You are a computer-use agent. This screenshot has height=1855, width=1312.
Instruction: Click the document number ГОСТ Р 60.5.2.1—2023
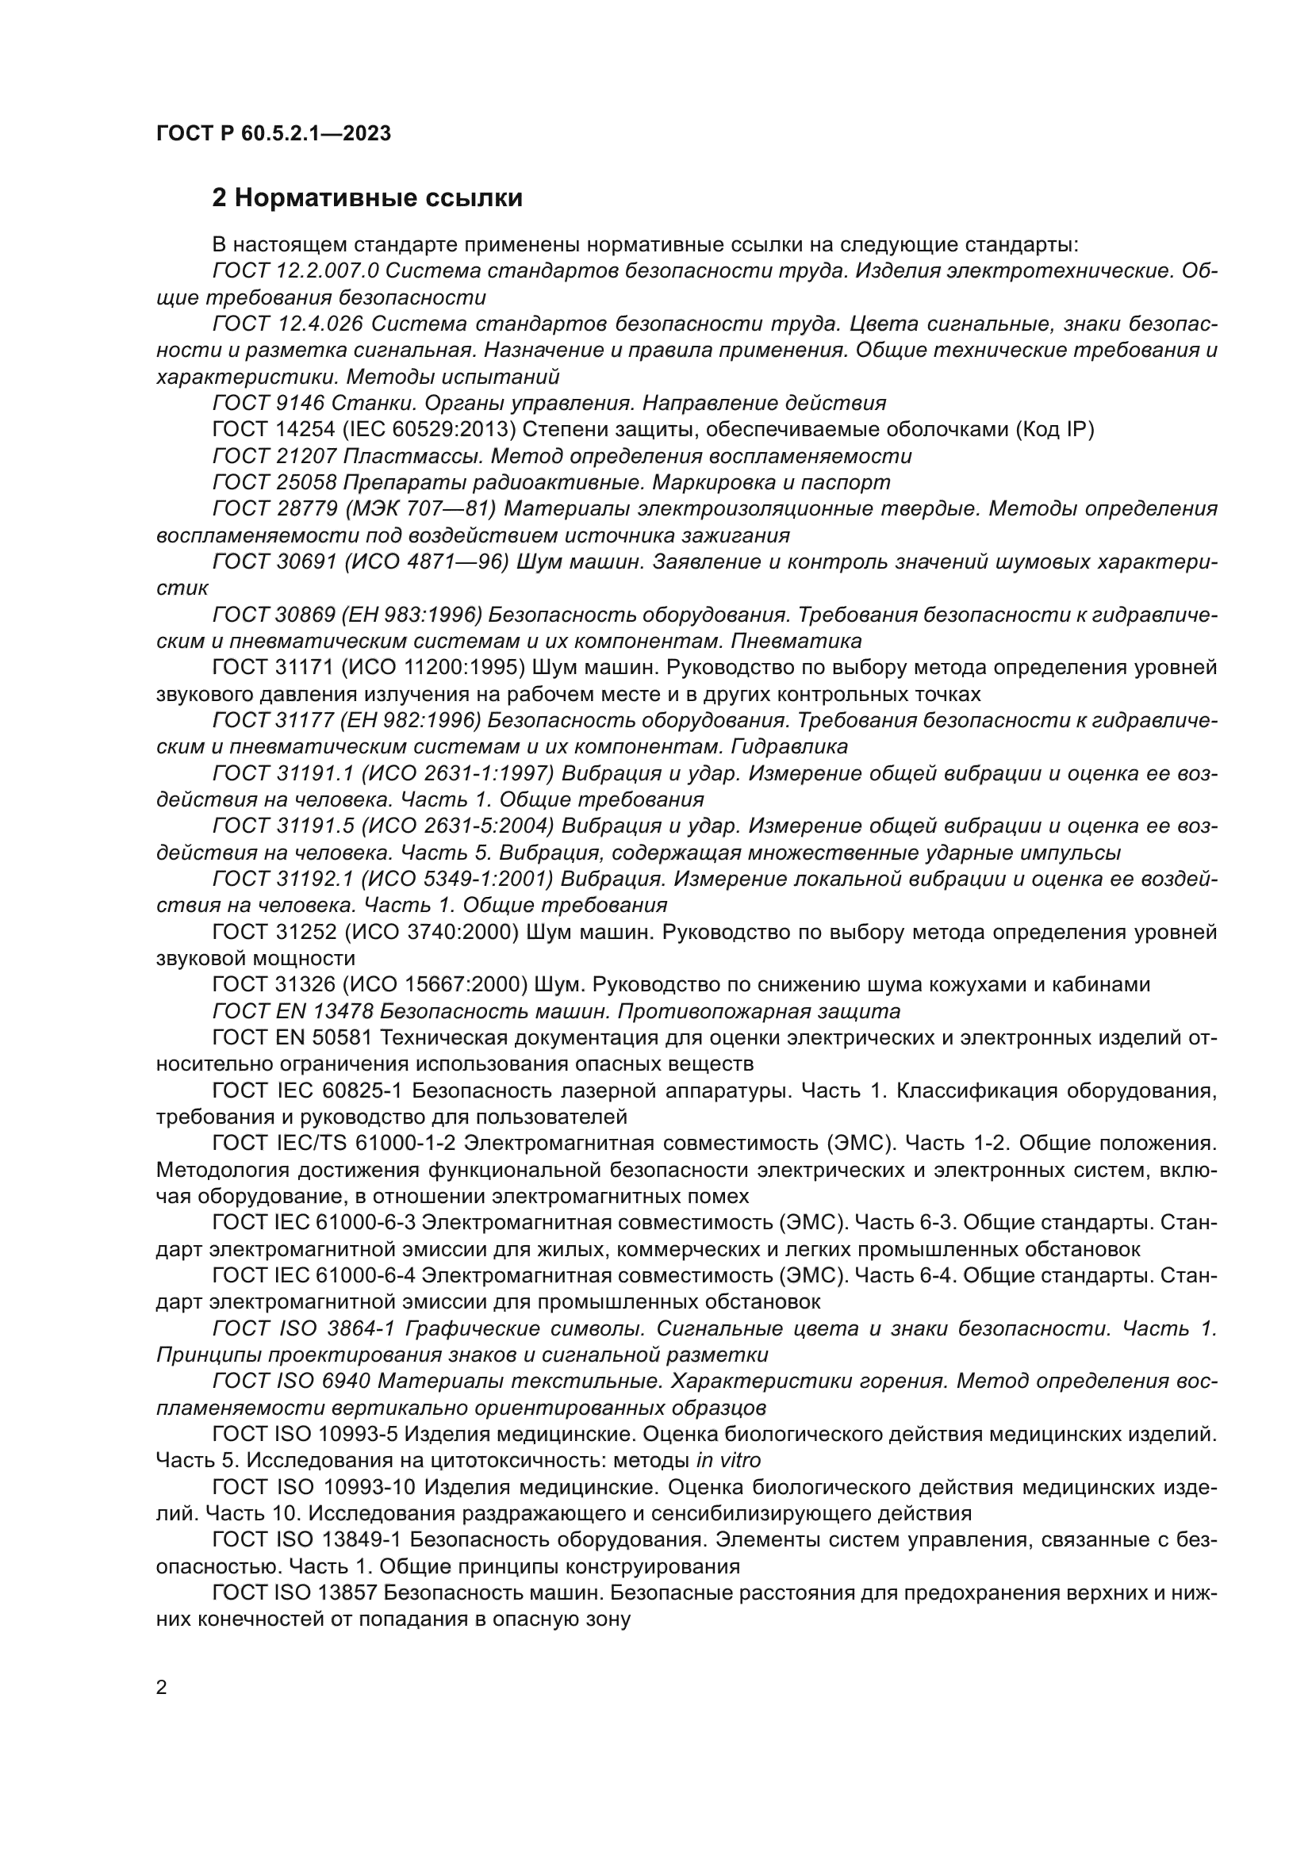click(x=273, y=133)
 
